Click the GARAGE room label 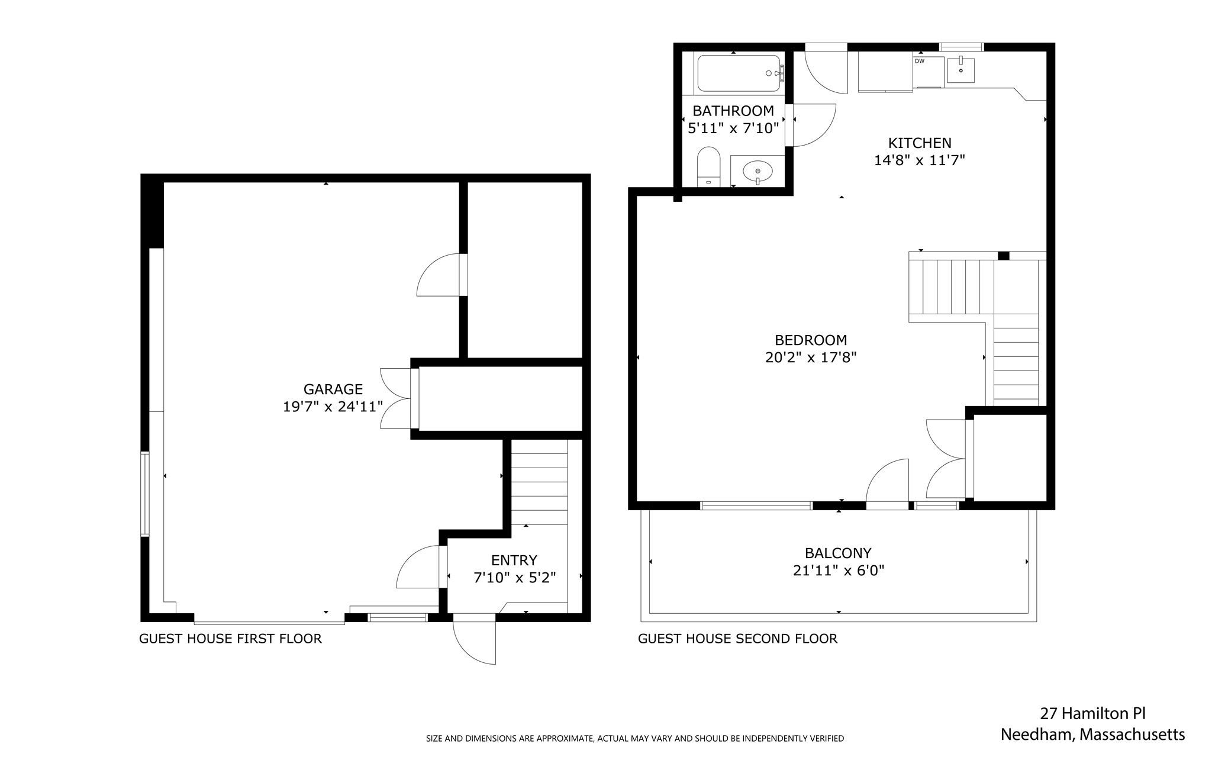[333, 389]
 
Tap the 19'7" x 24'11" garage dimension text [333, 407]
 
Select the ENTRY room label [514, 560]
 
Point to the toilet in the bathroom [708, 166]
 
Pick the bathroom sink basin [757, 171]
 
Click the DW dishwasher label [919, 61]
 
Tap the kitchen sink [960, 70]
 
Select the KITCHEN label [919, 143]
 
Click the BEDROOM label [810, 340]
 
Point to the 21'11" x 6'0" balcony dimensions [838, 571]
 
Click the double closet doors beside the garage [398, 398]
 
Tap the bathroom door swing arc [814, 126]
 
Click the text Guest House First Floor [230, 639]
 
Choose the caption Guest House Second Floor [737, 639]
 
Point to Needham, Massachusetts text [1092, 735]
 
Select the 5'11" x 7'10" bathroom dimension [733, 128]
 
